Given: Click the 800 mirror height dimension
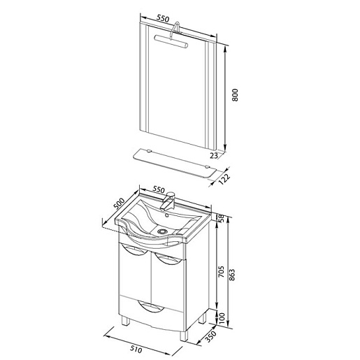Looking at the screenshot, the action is [235, 95].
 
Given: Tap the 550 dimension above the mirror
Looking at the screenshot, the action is [163, 18].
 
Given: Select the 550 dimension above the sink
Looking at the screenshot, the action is [159, 189].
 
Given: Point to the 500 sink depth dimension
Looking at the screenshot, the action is [119, 203].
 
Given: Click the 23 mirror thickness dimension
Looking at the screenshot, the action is [214, 155].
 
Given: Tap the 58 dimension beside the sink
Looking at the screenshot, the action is [221, 217].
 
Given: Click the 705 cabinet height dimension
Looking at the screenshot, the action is [221, 271].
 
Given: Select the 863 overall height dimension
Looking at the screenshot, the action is [232, 275].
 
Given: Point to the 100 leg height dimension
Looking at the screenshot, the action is [222, 318].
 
